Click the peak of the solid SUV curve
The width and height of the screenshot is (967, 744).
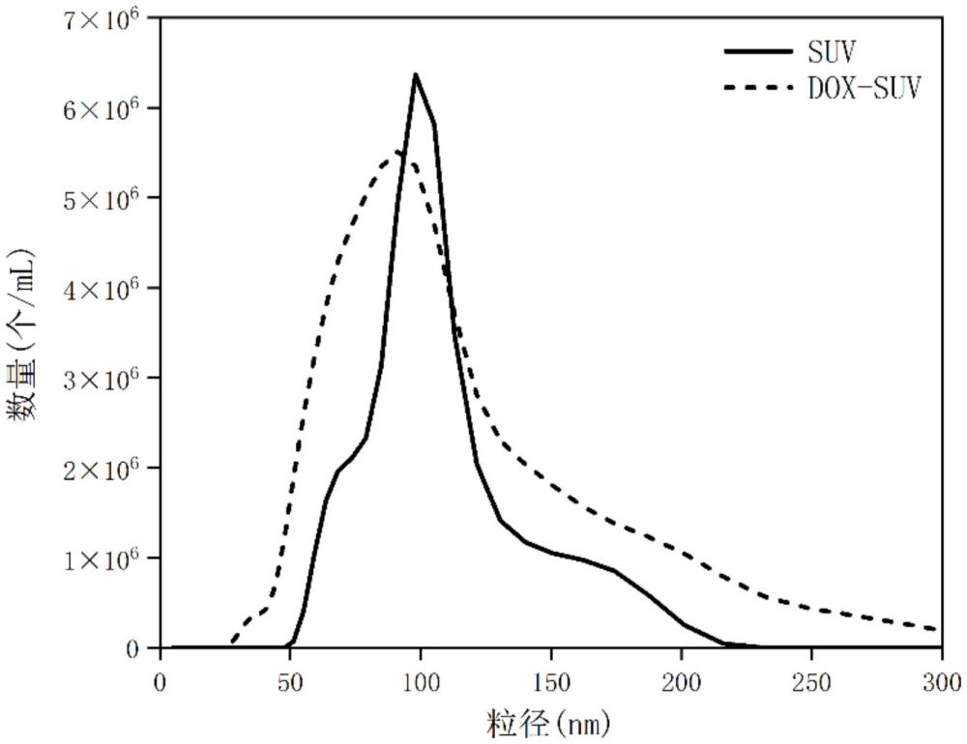(415, 74)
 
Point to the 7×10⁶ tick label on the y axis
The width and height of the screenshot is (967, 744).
(107, 17)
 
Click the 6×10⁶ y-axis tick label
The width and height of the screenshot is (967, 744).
(107, 107)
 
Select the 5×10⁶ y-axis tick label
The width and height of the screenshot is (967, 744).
(107, 197)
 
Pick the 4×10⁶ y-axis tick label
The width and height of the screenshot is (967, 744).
(107, 287)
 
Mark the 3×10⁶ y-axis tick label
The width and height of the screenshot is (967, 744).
(107, 377)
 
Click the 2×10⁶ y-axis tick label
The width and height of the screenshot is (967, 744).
(107, 468)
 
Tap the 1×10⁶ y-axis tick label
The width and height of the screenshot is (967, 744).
(107, 558)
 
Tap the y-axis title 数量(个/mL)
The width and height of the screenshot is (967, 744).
(23, 333)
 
